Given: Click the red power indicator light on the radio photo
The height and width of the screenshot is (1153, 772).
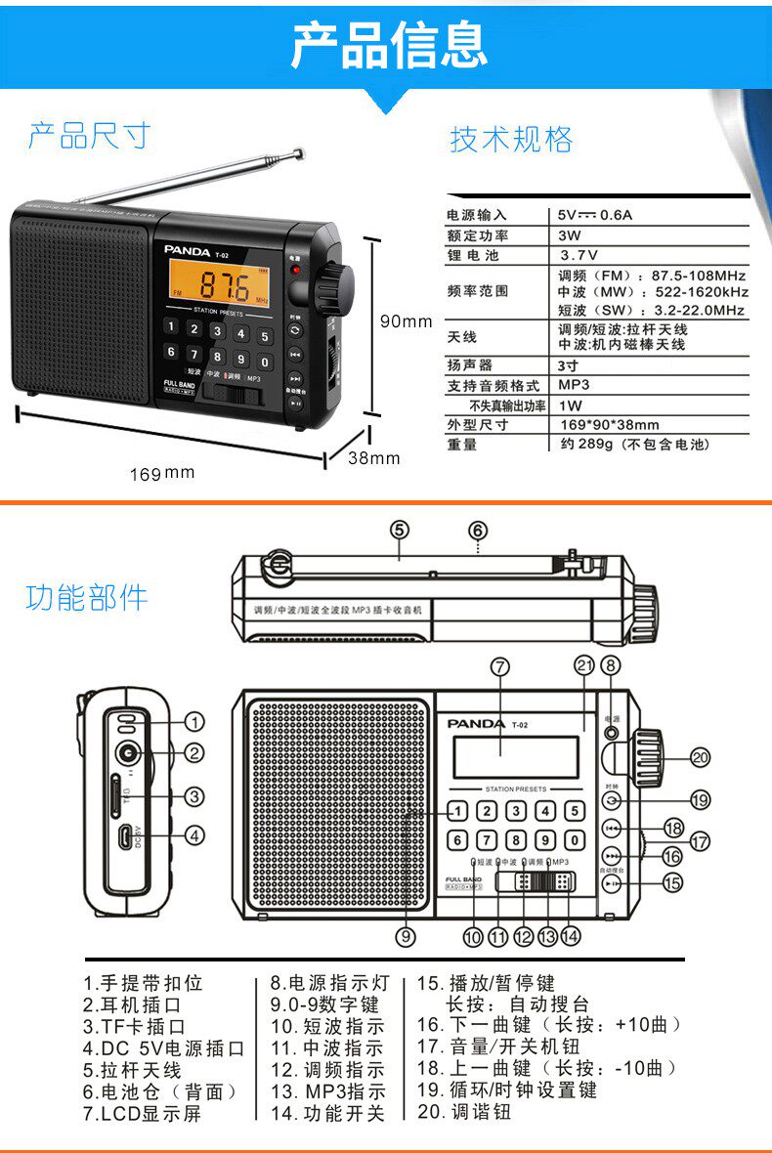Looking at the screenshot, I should pyautogui.click(x=295, y=269).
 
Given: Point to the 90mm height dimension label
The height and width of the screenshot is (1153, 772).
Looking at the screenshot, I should pyautogui.click(x=406, y=321).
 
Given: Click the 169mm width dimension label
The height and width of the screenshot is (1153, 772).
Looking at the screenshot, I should pyautogui.click(x=162, y=474).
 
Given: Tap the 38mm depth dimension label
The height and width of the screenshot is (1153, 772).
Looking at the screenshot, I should pyautogui.click(x=374, y=457).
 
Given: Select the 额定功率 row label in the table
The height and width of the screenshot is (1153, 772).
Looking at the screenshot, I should pyautogui.click(x=478, y=235).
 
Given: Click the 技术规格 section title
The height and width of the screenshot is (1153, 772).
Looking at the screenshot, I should pyautogui.click(x=511, y=139).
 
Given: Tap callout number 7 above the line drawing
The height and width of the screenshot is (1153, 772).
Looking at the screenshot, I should pyautogui.click(x=499, y=667).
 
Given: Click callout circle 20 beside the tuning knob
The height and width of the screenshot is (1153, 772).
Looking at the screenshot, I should pyautogui.click(x=700, y=756).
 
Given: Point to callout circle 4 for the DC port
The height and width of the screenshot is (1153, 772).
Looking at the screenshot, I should pyautogui.click(x=195, y=835).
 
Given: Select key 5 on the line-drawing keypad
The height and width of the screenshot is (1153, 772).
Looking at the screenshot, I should pyautogui.click(x=575, y=811).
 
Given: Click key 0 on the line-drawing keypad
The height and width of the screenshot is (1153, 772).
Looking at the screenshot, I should pyautogui.click(x=575, y=839).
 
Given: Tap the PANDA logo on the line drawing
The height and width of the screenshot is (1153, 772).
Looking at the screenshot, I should pyautogui.click(x=476, y=724).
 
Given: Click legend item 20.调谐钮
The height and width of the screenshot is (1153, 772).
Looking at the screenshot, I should pyautogui.click(x=464, y=1112).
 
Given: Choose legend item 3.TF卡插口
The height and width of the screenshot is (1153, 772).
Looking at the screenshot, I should pyautogui.click(x=134, y=1026).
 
